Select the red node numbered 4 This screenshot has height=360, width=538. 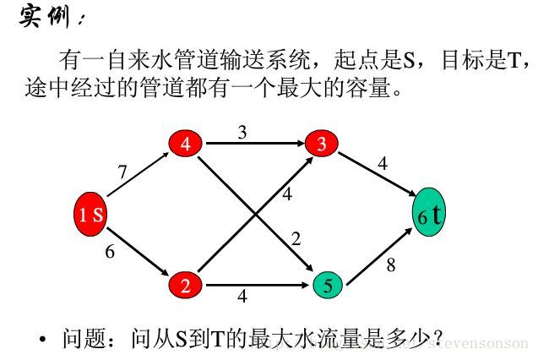tap(185, 144)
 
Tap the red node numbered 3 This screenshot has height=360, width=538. tap(321, 144)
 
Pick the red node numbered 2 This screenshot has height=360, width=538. tap(185, 285)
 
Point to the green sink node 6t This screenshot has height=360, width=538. tap(429, 215)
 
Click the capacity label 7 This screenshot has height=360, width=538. tap(122, 172)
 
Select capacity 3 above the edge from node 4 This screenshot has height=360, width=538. tap(242, 132)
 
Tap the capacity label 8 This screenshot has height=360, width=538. tap(390, 265)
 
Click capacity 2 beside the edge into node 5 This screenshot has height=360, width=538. tap(296, 239)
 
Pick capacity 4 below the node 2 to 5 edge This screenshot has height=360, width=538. tap(242, 297)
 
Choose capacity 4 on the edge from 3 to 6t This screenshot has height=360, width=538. tap(383, 164)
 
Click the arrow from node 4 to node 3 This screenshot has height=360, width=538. tap(253, 145)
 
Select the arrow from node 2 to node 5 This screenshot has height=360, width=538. tap(253, 285)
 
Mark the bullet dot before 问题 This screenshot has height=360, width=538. tap(43, 340)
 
